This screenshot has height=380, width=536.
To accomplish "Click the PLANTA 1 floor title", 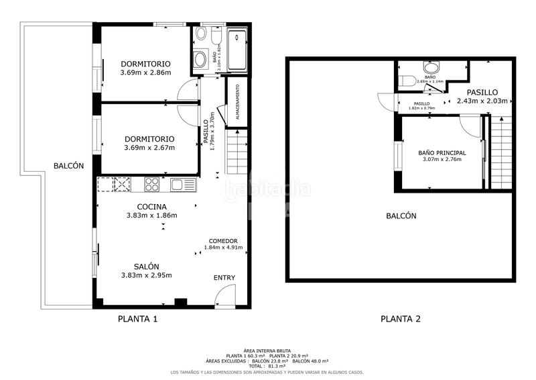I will (x=137, y=319).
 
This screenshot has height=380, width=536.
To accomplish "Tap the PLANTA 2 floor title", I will (x=401, y=319).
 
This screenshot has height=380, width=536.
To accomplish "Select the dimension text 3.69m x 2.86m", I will (x=145, y=73).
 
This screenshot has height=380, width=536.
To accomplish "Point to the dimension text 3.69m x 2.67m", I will (x=149, y=148).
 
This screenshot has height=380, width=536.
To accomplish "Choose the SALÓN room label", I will (x=146, y=266).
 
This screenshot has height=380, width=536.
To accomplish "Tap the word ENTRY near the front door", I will (x=224, y=277).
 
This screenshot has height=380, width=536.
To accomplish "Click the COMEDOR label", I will (x=223, y=240).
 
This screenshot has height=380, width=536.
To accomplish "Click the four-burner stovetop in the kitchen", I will (x=151, y=183).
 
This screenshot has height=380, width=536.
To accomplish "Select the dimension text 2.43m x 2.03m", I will (x=482, y=101).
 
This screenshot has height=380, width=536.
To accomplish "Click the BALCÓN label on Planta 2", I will (x=401, y=216).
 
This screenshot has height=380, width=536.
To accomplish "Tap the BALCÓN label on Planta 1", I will (x=68, y=166).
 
